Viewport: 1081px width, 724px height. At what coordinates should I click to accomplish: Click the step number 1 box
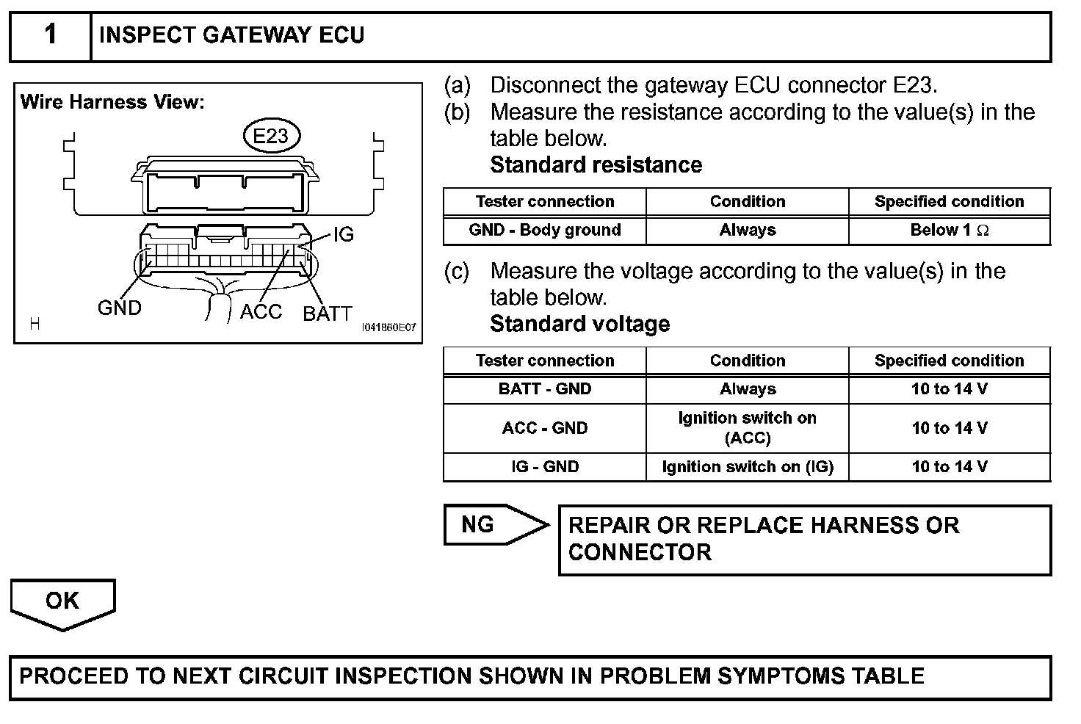[x=50, y=35]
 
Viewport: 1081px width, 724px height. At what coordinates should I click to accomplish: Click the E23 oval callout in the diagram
[x=270, y=136]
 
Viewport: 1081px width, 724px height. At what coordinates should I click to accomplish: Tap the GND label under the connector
[x=119, y=308]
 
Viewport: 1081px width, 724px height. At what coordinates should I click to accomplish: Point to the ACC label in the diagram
[x=261, y=311]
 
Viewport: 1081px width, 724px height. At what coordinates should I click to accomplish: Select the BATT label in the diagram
[x=328, y=314]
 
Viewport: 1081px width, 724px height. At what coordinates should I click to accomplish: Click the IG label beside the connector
[x=343, y=235]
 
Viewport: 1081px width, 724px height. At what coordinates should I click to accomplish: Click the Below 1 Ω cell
[x=949, y=230]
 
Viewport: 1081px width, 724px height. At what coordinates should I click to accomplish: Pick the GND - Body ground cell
[x=545, y=230]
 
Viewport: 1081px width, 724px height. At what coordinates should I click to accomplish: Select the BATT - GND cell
[x=545, y=389]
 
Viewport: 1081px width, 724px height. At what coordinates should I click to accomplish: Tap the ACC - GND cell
[x=545, y=428]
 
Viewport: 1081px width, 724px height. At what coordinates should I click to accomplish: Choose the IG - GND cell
[x=545, y=467]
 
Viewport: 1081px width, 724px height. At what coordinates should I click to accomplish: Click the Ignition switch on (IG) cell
[x=748, y=467]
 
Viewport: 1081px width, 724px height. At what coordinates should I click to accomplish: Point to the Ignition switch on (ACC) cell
[x=748, y=428]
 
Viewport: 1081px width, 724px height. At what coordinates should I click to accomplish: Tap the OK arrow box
[x=62, y=601]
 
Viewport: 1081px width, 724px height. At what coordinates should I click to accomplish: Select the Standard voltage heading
[x=579, y=324]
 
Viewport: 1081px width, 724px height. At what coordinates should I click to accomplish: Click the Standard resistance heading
[x=596, y=164]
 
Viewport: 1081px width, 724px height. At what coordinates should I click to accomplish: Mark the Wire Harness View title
[x=112, y=102]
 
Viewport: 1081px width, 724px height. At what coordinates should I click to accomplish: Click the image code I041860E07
[x=388, y=327]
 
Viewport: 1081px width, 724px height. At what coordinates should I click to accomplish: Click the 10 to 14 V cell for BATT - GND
[x=949, y=389]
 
